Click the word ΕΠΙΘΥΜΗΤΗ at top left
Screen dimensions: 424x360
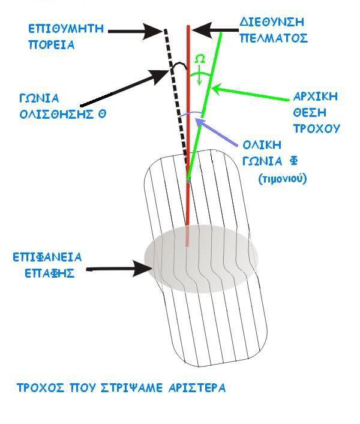point(67,28)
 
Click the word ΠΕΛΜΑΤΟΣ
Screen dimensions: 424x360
point(275,38)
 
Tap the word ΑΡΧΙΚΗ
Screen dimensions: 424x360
point(315,96)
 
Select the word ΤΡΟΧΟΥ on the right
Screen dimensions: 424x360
point(316,128)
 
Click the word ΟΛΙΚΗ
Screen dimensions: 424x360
point(263,146)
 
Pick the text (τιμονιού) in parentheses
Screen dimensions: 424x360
point(282,178)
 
